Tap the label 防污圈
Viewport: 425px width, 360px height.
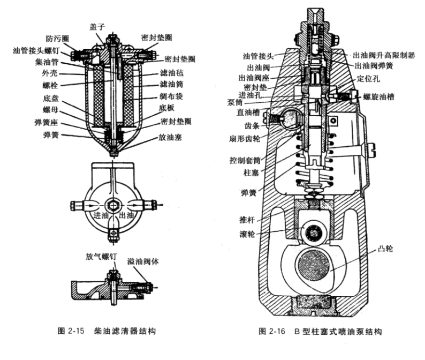click(x=57, y=39)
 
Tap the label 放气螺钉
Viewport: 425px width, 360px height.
click(x=100, y=256)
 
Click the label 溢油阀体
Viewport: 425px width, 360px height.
click(x=142, y=261)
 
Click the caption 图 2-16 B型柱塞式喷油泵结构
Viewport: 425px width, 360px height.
click(x=321, y=331)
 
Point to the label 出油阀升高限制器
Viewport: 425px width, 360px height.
click(x=380, y=55)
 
